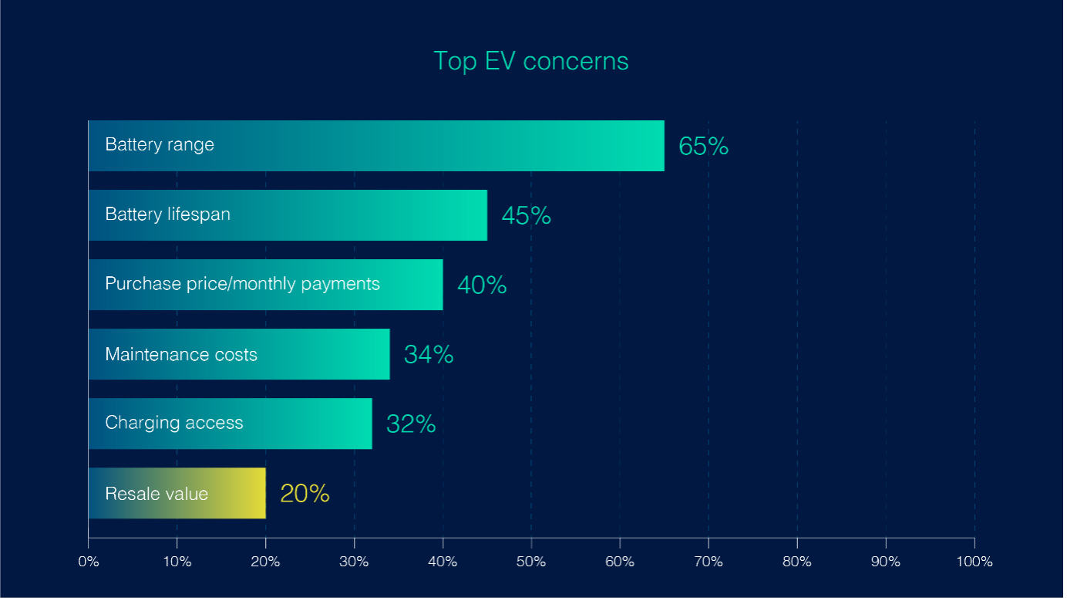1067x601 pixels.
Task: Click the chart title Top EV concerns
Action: (530, 61)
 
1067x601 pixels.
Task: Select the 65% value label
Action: (703, 146)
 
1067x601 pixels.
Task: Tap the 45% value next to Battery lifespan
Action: (526, 215)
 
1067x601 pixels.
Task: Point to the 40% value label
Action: (482, 285)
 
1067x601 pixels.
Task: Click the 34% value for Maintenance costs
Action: (429, 354)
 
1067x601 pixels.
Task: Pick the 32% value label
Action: (411, 424)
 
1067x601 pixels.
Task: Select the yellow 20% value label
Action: (305, 493)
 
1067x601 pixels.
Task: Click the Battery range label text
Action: (160, 145)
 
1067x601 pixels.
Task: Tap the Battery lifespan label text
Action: (167, 214)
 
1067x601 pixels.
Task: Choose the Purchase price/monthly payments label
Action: (242, 284)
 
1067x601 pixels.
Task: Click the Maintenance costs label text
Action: (181, 355)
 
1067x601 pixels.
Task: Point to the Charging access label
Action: (174, 423)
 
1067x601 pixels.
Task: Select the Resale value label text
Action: (157, 494)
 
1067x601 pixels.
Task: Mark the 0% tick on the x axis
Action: (89, 562)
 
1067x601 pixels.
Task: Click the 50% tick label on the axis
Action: (531, 562)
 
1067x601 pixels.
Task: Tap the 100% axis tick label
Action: (974, 562)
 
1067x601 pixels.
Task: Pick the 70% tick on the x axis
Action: (709, 562)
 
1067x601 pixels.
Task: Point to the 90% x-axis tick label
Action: (886, 562)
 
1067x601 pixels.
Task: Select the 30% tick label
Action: (354, 562)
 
